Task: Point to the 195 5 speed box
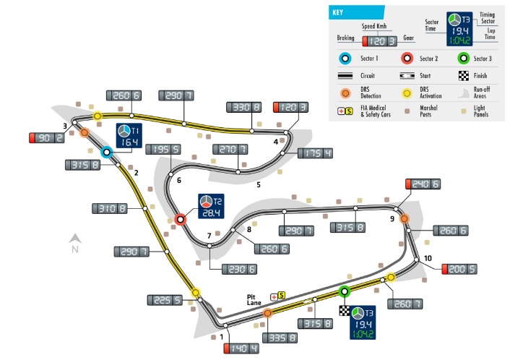(x=163, y=150)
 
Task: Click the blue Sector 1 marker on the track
(x=106, y=152)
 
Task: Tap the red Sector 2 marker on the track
(x=181, y=219)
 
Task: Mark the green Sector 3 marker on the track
(x=345, y=292)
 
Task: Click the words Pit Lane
(x=253, y=300)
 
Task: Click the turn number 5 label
(x=258, y=184)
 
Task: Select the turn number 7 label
(x=209, y=236)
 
